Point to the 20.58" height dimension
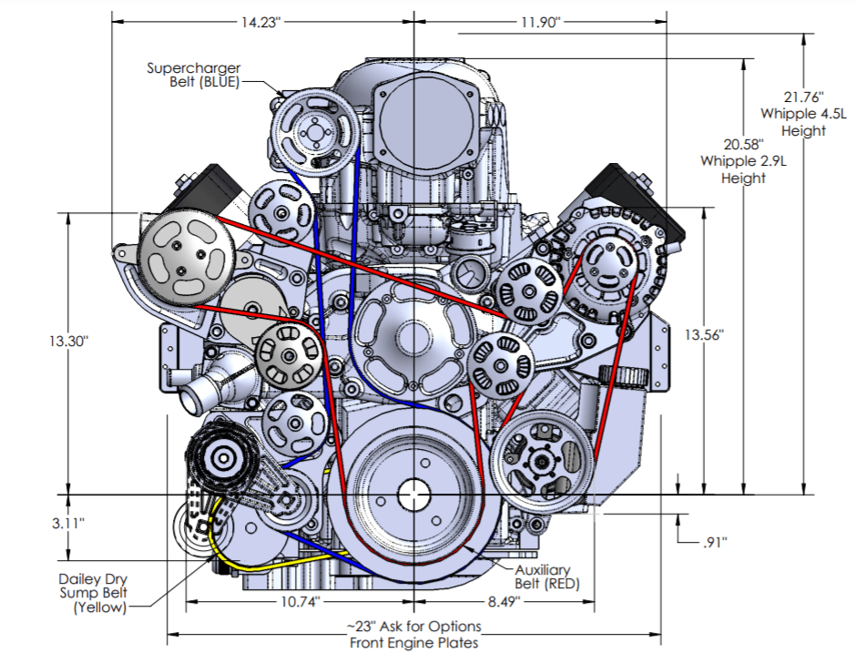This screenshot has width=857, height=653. tap(744, 145)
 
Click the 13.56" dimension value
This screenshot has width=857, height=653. tap(703, 334)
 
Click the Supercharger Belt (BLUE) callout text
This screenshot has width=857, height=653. tap(193, 74)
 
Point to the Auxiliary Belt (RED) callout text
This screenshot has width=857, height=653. tap(547, 576)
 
